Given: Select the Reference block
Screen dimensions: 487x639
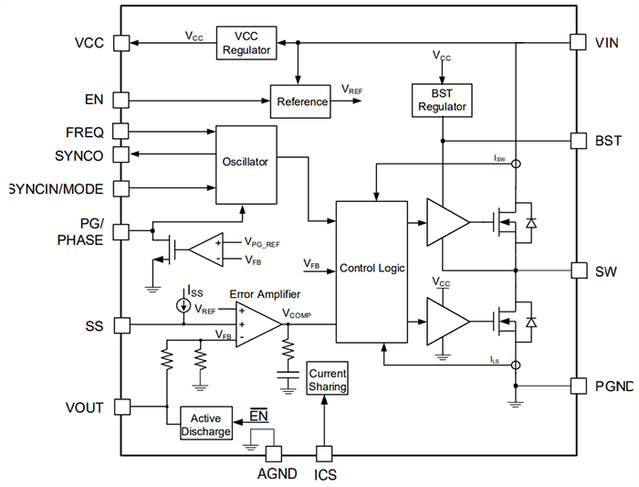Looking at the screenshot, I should pyautogui.click(x=301, y=101).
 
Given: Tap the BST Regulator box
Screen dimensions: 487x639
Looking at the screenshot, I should pyautogui.click(x=442, y=101).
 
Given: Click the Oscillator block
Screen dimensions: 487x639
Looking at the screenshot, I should pyautogui.click(x=246, y=163).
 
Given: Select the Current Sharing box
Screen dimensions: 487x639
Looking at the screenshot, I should pyautogui.click(x=328, y=380).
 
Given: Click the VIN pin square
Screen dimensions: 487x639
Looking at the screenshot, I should pyautogui.click(x=577, y=43).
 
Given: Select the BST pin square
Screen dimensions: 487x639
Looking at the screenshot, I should pyautogui.click(x=577, y=141).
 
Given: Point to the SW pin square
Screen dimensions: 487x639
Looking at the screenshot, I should pyautogui.click(x=577, y=270).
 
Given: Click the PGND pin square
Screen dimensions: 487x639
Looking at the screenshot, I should pyautogui.click(x=577, y=385).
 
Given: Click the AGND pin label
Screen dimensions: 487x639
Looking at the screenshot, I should pyautogui.click(x=272, y=474).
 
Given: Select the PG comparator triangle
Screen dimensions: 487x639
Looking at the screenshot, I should pyautogui.click(x=204, y=249).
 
